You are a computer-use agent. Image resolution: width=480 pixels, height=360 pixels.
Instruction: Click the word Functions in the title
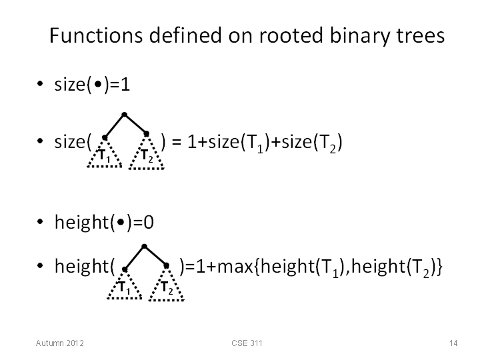pos(96,35)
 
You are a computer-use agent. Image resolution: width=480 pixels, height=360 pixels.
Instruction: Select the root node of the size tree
pos(124,115)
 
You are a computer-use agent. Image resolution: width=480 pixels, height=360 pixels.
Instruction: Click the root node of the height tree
pos(145,247)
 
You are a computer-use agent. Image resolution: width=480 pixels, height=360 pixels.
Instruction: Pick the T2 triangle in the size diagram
pos(146,153)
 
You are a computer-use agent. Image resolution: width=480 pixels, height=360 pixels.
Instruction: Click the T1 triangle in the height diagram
pos(124,285)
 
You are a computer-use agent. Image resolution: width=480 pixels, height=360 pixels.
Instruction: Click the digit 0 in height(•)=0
pos(149,223)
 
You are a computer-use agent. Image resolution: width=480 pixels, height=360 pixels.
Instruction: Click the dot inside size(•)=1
pos(98,84)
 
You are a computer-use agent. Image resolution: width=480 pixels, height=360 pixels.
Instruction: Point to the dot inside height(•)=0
pos(121,222)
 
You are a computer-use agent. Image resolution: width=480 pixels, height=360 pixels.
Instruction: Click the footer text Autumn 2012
pos(60,343)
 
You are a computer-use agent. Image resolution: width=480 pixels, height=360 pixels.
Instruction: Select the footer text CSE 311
pos(247,343)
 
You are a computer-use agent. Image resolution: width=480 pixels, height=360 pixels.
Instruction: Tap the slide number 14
pos(453,343)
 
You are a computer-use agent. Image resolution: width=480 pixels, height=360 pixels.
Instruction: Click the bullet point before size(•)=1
pos(40,83)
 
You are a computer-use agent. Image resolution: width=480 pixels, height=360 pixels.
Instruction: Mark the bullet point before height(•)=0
pos(40,221)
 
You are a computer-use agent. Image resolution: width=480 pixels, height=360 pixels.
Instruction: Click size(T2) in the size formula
pos(311,143)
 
